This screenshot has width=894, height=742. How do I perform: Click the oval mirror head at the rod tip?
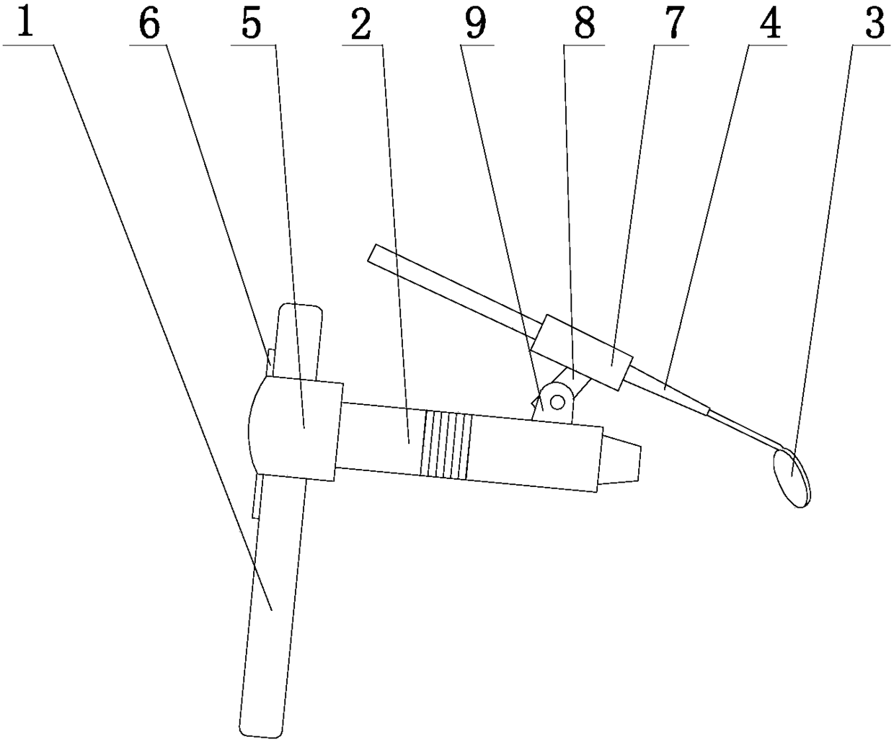[x=789, y=477]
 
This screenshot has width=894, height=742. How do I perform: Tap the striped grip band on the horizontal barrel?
[x=447, y=444]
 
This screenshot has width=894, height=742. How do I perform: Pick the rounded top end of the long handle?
[x=299, y=313]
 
